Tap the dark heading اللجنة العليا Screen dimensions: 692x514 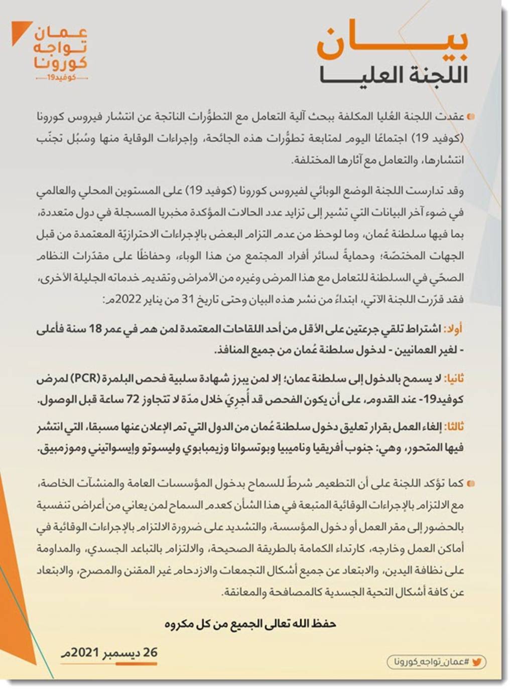pos(394,75)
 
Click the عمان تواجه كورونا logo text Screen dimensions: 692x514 pos(61,49)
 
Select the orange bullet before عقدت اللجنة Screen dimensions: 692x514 pos(470,117)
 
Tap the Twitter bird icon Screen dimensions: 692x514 pos(476,662)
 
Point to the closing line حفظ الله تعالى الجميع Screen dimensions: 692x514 pos(250,624)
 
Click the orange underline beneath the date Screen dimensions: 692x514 pos(136,664)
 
